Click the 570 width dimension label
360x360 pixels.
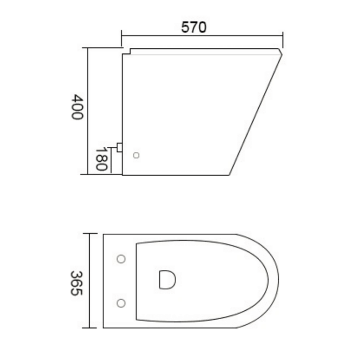[x=194, y=27]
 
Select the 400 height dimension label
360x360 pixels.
[x=77, y=107]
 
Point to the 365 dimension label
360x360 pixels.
[x=76, y=283]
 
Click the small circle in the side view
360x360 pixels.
[x=136, y=155]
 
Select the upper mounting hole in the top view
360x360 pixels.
[x=121, y=259]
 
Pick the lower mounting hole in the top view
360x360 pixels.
[x=121, y=303]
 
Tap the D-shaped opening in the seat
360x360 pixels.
[x=167, y=279]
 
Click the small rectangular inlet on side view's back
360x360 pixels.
[x=120, y=148]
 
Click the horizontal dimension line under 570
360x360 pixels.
[x=202, y=35]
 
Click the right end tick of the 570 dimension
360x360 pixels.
[x=283, y=35]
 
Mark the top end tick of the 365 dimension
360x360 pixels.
[x=90, y=233]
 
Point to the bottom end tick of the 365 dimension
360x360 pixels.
[x=90, y=328]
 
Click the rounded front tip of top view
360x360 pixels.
[x=278, y=281]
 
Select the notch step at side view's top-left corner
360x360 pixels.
[x=127, y=51]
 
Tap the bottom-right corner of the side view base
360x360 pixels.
[x=229, y=175]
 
